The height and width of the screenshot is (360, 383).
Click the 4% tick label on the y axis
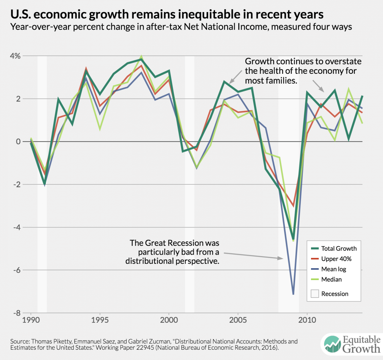coord(15,56)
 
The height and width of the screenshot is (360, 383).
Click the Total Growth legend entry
coord(339,248)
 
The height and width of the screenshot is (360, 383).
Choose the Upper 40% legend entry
coord(336,259)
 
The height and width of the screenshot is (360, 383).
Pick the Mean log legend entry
coord(334,269)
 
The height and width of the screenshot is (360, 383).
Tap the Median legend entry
coord(332,279)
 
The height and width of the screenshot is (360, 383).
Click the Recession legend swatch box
coord(314,294)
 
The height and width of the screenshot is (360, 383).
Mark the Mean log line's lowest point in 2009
coord(293,294)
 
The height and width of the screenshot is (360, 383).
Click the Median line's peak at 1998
coord(141,56)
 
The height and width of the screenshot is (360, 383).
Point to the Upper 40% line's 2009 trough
coord(293,206)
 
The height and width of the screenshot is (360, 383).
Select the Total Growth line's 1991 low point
coord(45,184)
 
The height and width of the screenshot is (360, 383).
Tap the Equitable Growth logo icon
coord(331,344)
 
